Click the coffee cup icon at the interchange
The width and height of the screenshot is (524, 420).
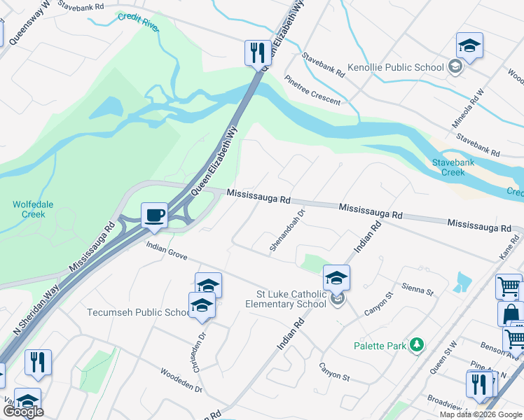click(x=154, y=214)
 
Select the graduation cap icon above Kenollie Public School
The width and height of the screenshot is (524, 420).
click(x=469, y=45)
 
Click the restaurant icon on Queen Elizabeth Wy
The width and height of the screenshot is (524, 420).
click(x=258, y=52)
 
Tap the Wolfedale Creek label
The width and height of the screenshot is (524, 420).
click(x=33, y=209)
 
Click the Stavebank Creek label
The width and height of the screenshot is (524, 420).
click(x=448, y=167)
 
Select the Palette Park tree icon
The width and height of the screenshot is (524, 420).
click(x=417, y=344)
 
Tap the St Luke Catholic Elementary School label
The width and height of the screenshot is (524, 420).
click(x=286, y=298)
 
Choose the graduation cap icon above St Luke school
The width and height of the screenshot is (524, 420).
click(x=336, y=278)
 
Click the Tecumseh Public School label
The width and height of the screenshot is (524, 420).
click(x=137, y=312)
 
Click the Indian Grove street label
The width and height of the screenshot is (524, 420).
click(x=167, y=251)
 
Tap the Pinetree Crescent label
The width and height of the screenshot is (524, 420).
click(x=312, y=92)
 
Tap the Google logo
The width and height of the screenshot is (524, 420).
click(x=22, y=412)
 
